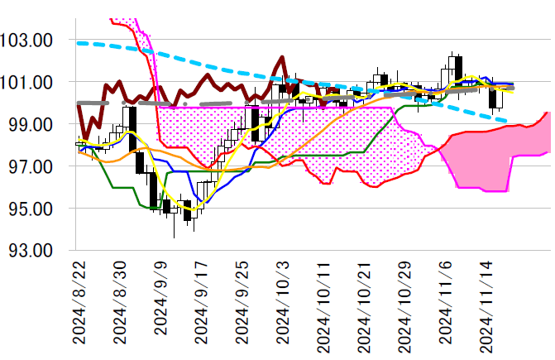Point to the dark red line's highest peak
[x=282, y=57]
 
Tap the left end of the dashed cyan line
[x=78, y=42]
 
